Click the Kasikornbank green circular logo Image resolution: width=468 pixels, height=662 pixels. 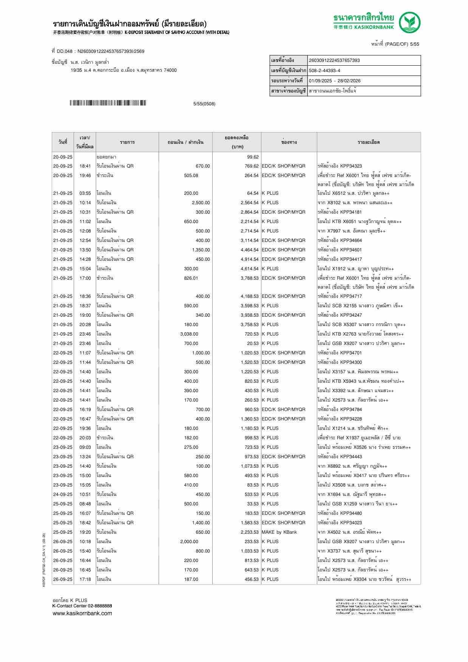410,22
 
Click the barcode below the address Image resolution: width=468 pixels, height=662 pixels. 108,103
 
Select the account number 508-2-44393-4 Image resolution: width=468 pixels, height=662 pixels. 324,71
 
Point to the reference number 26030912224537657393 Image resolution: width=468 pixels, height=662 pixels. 334,60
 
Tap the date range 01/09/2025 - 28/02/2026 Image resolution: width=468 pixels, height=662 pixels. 335,81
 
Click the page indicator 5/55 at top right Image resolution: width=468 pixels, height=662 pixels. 414,44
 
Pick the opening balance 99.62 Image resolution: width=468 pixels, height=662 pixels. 253,157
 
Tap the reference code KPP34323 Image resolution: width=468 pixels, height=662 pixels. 351,166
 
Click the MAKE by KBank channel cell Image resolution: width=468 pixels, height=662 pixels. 279,532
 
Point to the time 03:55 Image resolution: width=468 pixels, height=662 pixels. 85,193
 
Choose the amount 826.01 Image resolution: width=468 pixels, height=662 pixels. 191,278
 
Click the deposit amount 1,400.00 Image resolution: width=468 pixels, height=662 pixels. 201,523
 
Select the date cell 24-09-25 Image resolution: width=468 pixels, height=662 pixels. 63,494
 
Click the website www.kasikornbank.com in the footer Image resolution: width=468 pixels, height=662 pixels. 82,613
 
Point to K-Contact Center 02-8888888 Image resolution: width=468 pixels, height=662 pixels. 82,606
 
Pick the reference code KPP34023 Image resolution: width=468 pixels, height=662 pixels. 351,523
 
